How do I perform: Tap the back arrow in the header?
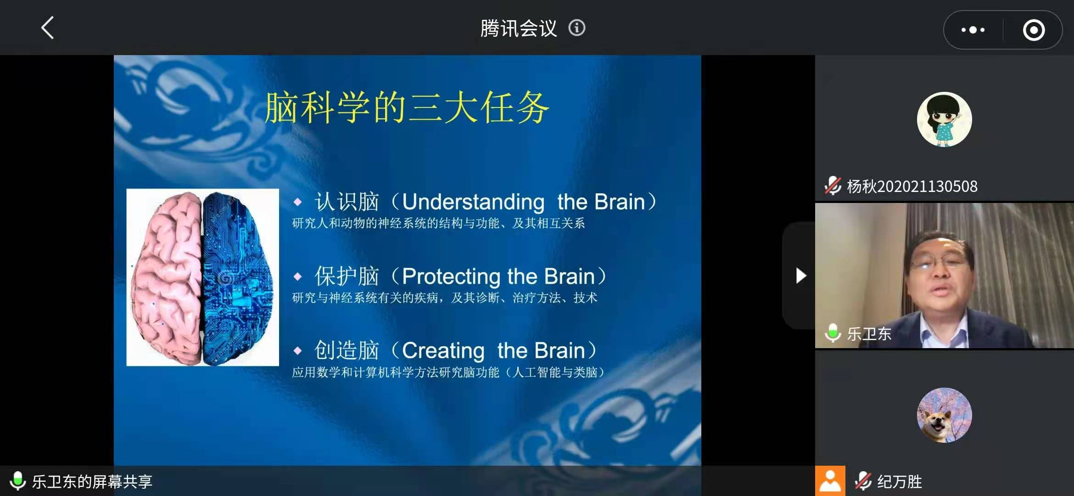point(48,28)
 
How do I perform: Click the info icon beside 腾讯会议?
point(577,28)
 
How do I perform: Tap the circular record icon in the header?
point(1034,30)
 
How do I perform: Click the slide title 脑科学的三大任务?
point(407,107)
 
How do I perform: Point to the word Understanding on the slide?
point(473,202)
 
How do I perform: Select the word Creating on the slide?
point(443,351)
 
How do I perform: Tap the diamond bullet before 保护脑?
point(298,276)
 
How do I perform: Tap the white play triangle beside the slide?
point(801,276)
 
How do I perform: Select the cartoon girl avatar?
point(944,119)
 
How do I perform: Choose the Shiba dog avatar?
point(944,415)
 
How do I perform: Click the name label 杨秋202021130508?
point(912,186)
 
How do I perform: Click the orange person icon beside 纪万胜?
point(830,481)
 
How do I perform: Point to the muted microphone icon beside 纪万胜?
point(863,481)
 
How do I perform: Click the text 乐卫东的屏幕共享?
point(92,481)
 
